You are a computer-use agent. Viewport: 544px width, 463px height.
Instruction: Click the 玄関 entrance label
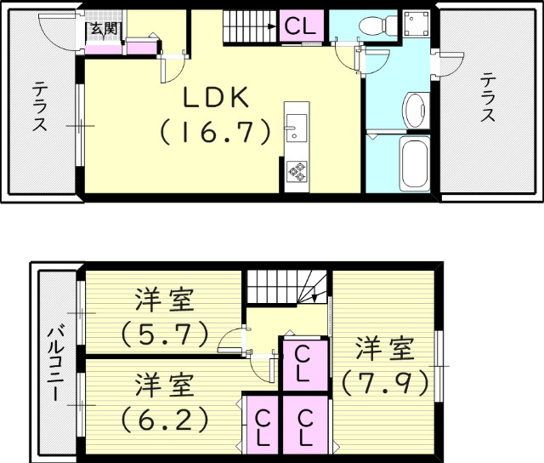[103, 29]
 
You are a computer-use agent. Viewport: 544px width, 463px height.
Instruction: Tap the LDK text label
[217, 99]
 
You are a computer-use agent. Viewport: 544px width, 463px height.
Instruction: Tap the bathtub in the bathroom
[415, 164]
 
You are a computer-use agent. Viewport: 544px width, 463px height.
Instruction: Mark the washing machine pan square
[416, 26]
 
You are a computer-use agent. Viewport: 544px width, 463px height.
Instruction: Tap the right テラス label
[488, 98]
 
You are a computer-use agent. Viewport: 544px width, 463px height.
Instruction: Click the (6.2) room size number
[164, 419]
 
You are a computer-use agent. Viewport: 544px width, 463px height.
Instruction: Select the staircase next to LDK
[251, 26]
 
